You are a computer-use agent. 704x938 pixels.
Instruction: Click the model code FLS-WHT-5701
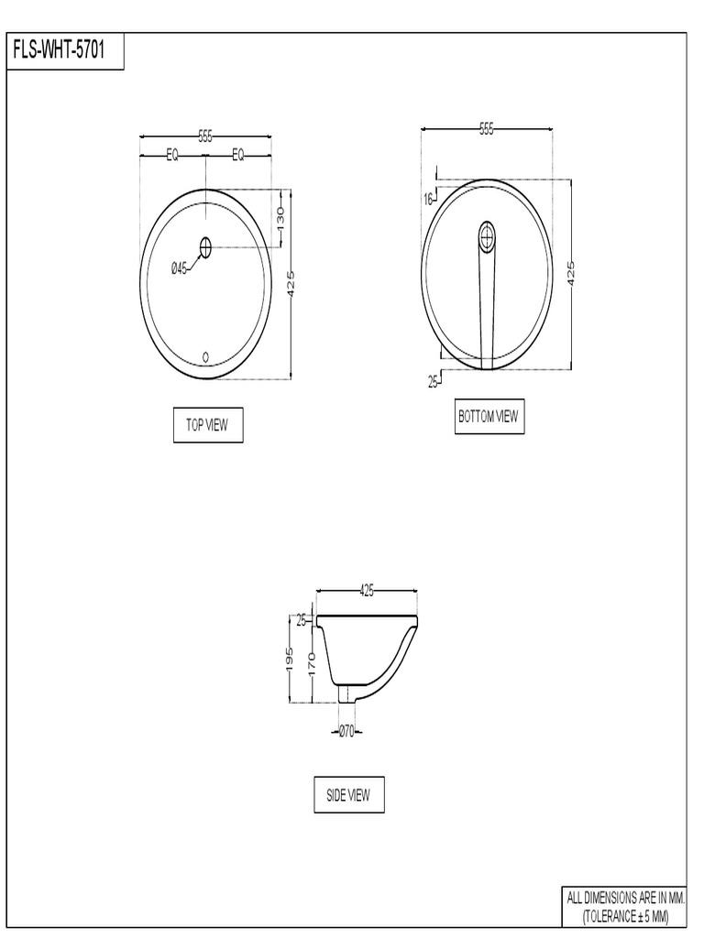(x=65, y=50)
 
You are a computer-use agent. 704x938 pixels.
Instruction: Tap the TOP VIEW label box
(x=208, y=425)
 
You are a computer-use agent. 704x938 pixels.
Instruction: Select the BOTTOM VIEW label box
(x=489, y=417)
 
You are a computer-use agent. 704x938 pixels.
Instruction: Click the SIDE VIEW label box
(x=348, y=795)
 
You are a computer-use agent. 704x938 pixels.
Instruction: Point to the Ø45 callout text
(x=179, y=268)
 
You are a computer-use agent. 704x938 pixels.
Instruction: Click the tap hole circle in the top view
(x=205, y=246)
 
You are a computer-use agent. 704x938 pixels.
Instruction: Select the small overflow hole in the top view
(x=205, y=356)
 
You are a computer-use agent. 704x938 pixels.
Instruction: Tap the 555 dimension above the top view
(x=205, y=136)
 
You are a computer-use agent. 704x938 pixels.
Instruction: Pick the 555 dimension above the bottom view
(x=486, y=129)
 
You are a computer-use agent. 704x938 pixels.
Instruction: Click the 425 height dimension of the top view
(x=291, y=284)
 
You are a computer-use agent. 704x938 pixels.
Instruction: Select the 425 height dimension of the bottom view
(x=570, y=273)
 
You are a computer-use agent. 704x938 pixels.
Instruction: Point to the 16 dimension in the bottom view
(x=428, y=199)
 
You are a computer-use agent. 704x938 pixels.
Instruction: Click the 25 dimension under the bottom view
(x=433, y=382)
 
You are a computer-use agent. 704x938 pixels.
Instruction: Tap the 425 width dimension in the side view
(x=367, y=592)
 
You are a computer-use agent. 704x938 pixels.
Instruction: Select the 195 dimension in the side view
(x=289, y=659)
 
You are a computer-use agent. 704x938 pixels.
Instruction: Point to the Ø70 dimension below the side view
(x=346, y=731)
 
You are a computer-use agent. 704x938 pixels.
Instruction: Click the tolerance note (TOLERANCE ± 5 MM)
(x=626, y=916)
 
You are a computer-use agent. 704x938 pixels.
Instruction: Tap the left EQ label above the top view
(x=172, y=156)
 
